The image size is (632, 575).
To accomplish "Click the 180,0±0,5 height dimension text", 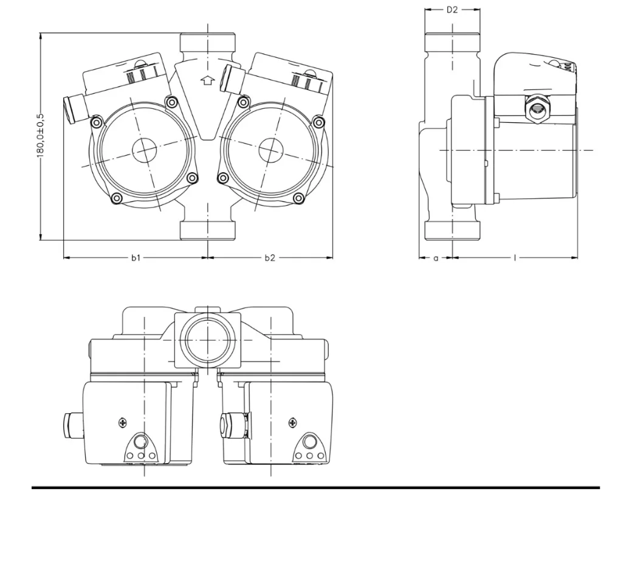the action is [x=40, y=136].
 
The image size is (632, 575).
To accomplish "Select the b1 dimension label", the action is [x=136, y=257].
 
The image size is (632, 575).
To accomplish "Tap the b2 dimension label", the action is [x=270, y=257].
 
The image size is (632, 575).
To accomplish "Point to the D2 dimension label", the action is [x=452, y=10].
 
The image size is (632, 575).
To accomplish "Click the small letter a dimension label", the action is [x=436, y=258].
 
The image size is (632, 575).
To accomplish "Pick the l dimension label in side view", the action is [x=515, y=257].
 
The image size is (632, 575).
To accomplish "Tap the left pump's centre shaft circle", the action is [x=144, y=150].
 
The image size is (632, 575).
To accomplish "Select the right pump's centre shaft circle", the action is [x=271, y=150].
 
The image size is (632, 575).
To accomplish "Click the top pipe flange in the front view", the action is [x=208, y=42].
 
